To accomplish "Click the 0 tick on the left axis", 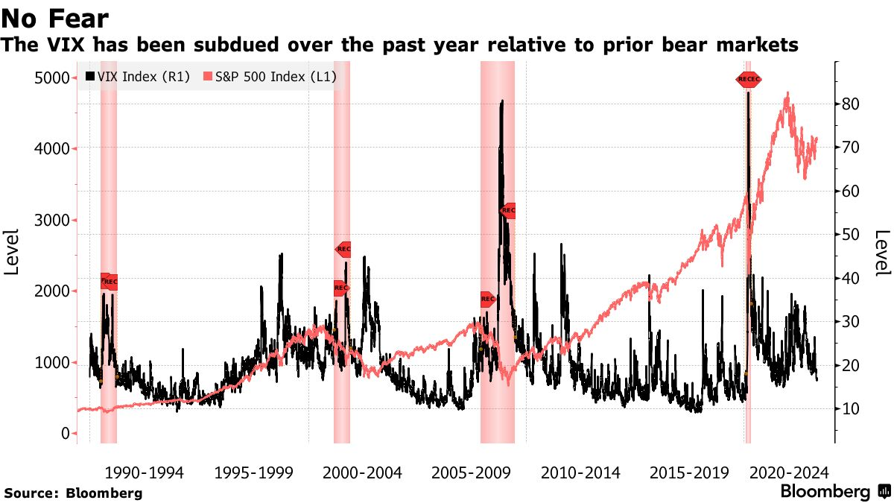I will (x=66, y=434).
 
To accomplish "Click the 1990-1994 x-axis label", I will (x=143, y=472).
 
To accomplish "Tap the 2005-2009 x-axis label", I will (x=470, y=472).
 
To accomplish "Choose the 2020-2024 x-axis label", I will (x=789, y=472).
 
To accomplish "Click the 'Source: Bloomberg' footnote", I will (x=73, y=493).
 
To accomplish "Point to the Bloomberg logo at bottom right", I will (x=834, y=492).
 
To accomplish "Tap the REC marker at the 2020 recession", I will (x=749, y=79).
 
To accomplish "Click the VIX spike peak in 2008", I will (x=502, y=101).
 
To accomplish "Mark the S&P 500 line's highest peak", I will (x=787, y=93).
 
